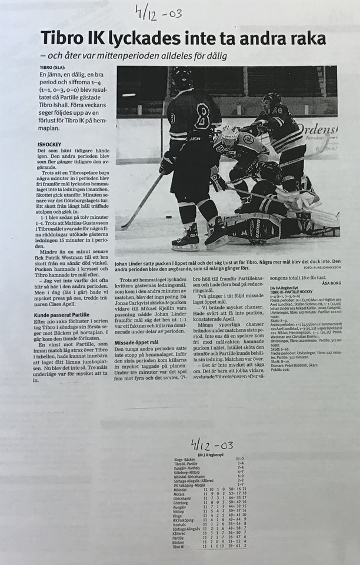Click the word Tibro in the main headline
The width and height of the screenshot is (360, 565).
coord(61,39)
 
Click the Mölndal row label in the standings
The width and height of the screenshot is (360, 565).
coord(182,489)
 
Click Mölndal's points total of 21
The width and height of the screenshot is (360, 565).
coord(243,489)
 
